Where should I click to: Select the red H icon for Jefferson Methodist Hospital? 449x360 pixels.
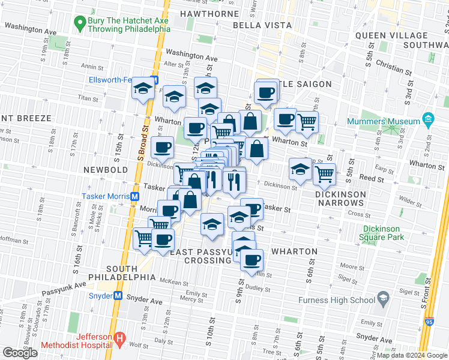pos(119,340)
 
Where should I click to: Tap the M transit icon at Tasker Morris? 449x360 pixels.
pos(136,197)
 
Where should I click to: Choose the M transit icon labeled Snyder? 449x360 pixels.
pos(118,296)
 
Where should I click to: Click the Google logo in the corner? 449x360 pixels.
pos(20,353)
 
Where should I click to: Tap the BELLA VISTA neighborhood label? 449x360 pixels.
pos(262,25)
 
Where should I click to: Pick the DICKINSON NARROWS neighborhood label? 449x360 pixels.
pos(340,199)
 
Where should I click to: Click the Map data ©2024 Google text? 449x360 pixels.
pos(412,355)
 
